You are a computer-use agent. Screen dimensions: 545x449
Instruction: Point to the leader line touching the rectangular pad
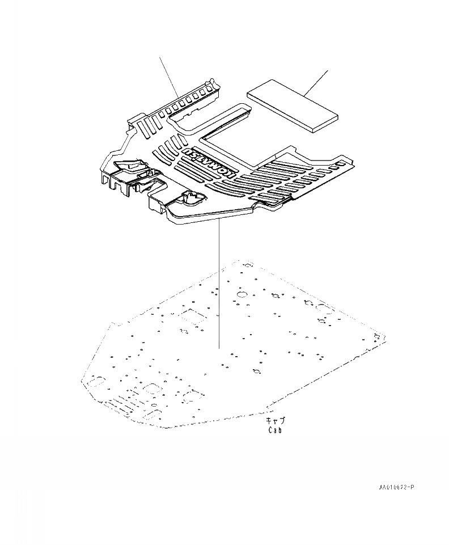pyautogui.click(x=316, y=81)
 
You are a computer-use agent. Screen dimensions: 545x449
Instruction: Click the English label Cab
pyautogui.click(x=275, y=430)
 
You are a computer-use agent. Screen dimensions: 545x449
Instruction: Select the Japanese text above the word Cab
pyautogui.click(x=276, y=421)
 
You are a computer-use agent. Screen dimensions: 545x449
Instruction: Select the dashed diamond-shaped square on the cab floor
pyautogui.click(x=193, y=316)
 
